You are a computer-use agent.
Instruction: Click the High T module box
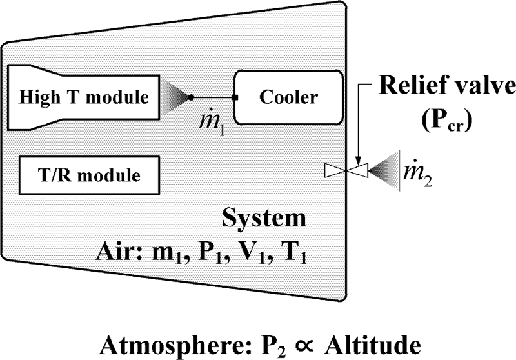pos(84,97)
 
